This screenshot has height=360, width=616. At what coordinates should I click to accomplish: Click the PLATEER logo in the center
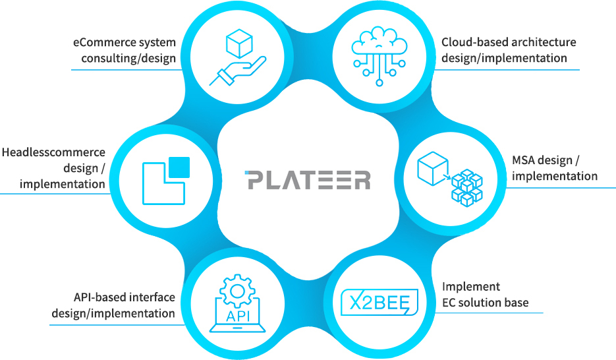pos(307,179)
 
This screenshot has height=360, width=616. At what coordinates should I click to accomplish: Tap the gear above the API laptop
pos(237,291)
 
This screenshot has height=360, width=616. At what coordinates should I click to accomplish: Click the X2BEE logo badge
pos(379,302)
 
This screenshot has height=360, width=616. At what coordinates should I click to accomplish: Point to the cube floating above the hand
pos(239,44)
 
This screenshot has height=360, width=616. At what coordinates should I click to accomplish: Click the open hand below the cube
pos(238,71)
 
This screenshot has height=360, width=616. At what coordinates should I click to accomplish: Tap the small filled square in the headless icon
pos(179,167)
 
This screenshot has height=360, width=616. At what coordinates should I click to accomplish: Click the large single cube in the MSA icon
pos(433,168)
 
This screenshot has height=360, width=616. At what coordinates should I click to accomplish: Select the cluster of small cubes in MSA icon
pos(467,188)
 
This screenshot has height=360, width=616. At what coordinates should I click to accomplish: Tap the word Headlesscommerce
pos(53,152)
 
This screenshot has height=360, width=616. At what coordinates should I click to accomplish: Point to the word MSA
pos(522,160)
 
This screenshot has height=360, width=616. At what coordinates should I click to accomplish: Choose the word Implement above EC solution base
pos(471,287)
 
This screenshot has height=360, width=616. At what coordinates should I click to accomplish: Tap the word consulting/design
pos(128,58)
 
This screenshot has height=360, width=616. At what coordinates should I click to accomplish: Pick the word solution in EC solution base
pos(478,302)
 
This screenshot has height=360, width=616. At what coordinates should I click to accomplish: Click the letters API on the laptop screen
pos(238,316)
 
